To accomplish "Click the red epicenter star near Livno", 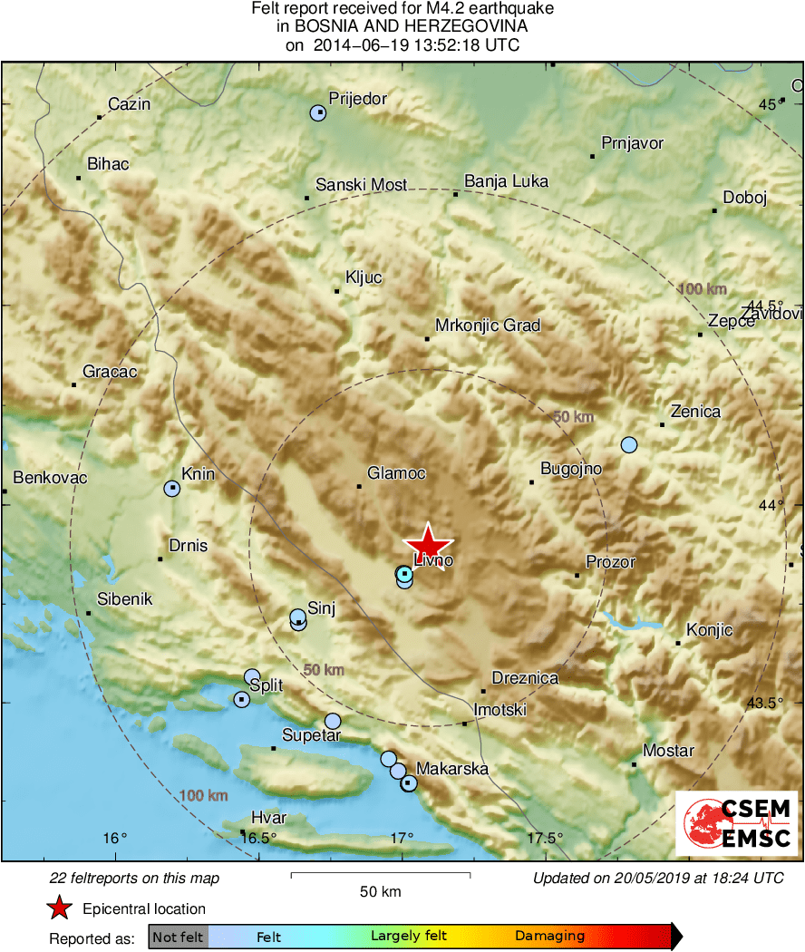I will click(428, 544).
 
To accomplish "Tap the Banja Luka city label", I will click(506, 181).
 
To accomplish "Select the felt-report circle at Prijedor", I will click(317, 113).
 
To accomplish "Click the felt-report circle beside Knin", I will click(172, 489).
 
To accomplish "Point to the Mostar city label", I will click(668, 751).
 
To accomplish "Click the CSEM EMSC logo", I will click(737, 823).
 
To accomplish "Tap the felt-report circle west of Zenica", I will click(628, 444).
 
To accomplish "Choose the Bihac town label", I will click(108, 164).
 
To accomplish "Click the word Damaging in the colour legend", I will click(549, 936).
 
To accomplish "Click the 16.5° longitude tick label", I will click(258, 838).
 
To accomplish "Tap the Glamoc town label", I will click(396, 473).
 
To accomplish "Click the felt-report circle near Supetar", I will click(333, 721).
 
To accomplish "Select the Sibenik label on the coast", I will click(126, 599).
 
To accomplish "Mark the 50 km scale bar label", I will click(380, 891).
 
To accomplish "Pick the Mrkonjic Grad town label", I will click(488, 325).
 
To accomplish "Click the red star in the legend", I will click(59, 908).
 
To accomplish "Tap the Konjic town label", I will click(709, 630).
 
